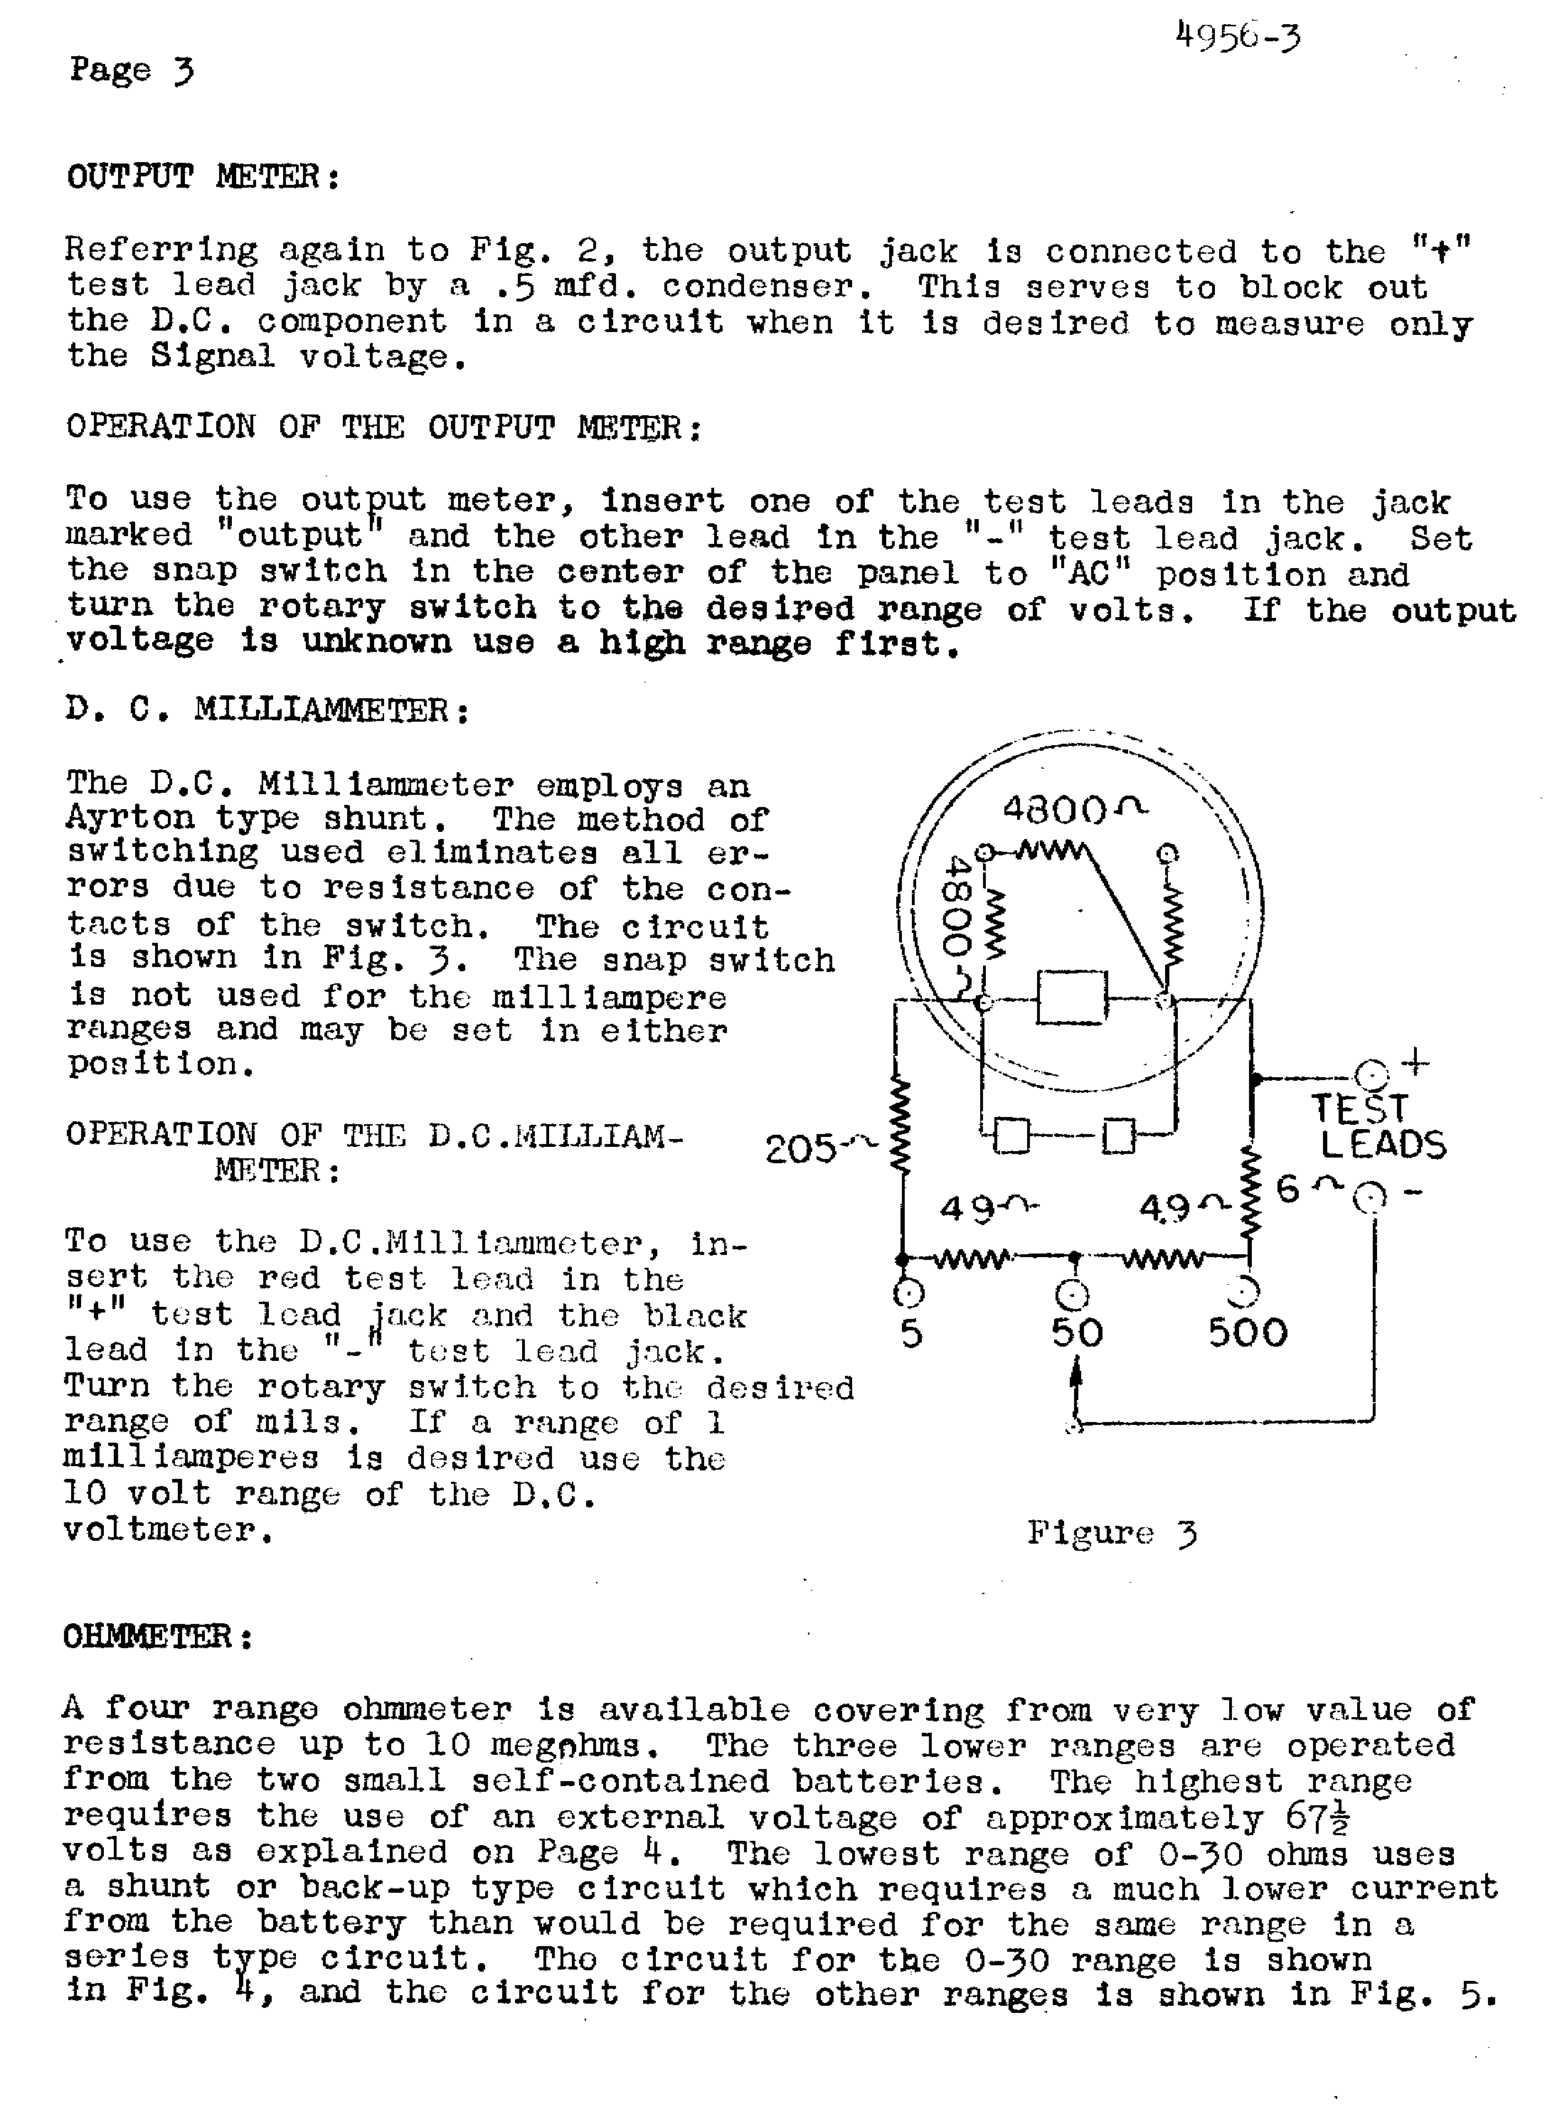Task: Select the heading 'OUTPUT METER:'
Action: (203, 176)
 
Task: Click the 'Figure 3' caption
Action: (1112, 1533)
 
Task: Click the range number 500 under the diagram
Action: (1247, 1332)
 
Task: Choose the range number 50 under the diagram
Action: (1076, 1333)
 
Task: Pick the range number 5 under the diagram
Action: (911, 1333)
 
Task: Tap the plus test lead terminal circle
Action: (1371, 1075)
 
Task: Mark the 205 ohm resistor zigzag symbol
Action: (902, 1127)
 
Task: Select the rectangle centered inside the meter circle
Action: (1072, 997)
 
